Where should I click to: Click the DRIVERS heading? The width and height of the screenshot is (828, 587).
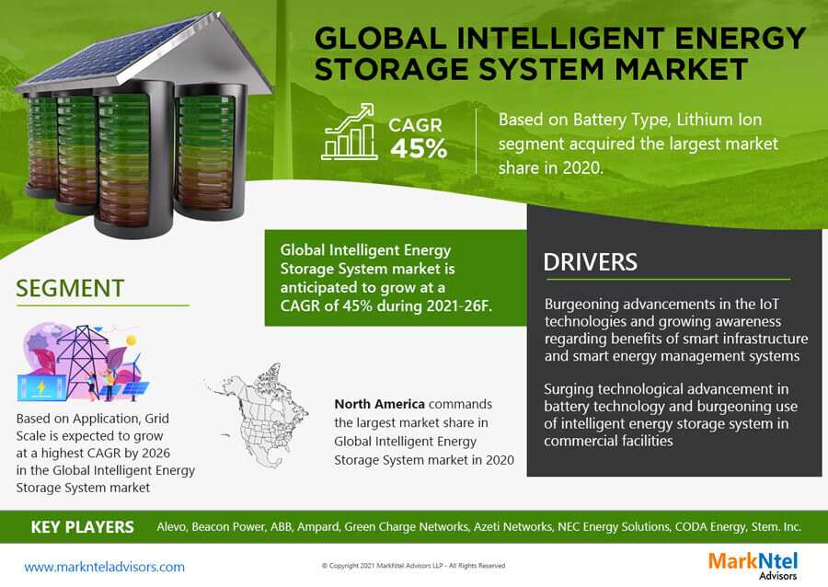click(x=590, y=262)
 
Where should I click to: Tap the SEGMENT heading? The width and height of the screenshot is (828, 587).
click(x=70, y=289)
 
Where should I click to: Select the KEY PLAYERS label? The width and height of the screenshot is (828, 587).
click(x=83, y=527)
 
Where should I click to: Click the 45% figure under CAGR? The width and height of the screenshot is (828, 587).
click(x=419, y=148)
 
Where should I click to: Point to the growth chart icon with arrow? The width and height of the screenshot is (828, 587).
click(x=349, y=132)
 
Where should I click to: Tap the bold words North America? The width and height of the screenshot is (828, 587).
click(x=379, y=404)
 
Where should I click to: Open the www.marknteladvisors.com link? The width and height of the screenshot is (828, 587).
click(x=105, y=567)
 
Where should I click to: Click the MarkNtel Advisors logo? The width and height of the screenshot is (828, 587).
click(x=753, y=565)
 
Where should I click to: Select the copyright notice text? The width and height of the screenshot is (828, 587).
click(x=413, y=565)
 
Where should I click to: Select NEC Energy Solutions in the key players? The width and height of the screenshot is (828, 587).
click(x=614, y=527)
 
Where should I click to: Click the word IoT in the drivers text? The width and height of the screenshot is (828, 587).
click(x=769, y=304)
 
